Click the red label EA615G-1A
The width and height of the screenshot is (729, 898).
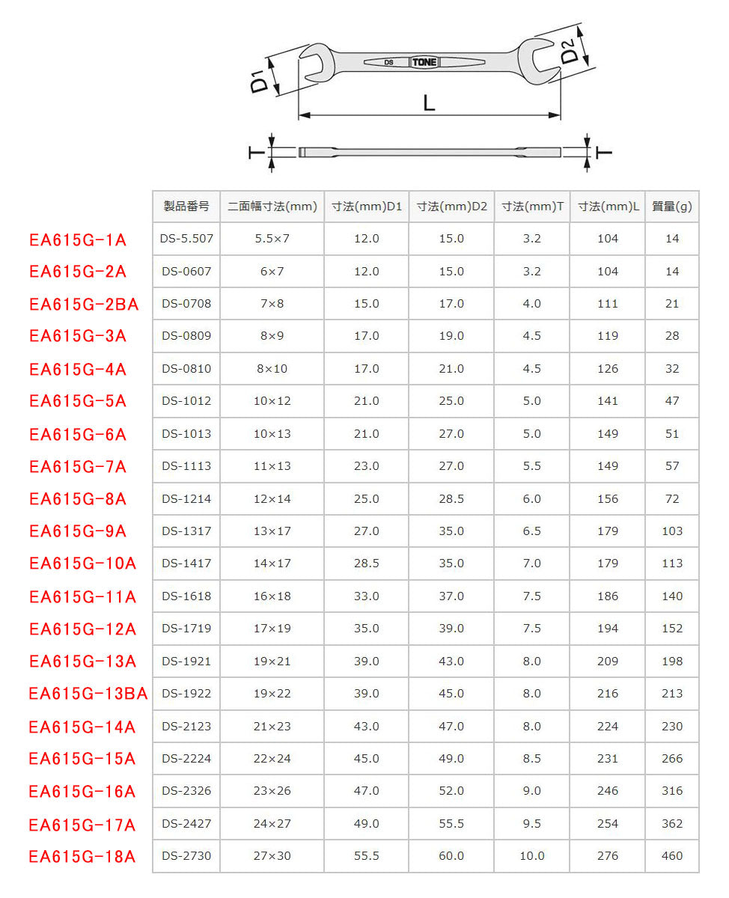[x=78, y=239]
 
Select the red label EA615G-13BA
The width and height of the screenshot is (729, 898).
[x=88, y=694]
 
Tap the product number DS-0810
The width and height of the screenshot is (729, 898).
[x=186, y=368]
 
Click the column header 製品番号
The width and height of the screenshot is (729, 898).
[x=186, y=207]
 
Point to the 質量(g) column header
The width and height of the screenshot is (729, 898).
[x=671, y=207]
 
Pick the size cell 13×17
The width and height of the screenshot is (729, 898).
[x=272, y=531]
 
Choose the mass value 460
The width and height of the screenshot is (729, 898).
[x=672, y=855]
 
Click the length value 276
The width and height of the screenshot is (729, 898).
[x=608, y=855]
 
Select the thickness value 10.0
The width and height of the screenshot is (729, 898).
[x=531, y=855]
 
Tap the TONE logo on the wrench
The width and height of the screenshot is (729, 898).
[x=424, y=62]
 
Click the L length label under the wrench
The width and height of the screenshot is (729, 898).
[x=429, y=103]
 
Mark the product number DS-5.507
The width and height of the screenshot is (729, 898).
[x=186, y=239]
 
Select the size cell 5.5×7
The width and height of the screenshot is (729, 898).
[x=272, y=239]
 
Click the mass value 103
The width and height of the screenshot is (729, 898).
[x=672, y=531]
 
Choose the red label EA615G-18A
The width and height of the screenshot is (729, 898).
[x=82, y=856]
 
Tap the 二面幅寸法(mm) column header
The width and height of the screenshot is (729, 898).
[x=272, y=207]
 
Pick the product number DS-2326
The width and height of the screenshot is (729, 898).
[x=186, y=790]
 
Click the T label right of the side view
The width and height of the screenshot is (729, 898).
[x=603, y=153]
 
